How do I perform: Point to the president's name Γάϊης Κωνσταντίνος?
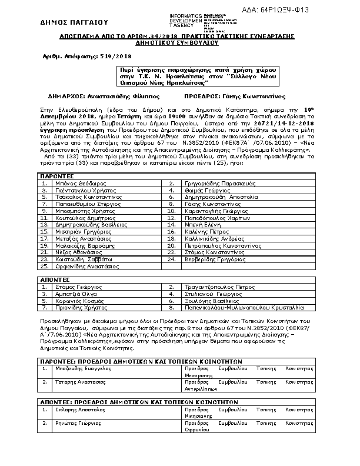pos(253,95)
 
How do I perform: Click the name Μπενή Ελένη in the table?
pos(202,225)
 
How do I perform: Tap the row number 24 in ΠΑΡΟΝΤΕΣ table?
pos(171,258)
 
